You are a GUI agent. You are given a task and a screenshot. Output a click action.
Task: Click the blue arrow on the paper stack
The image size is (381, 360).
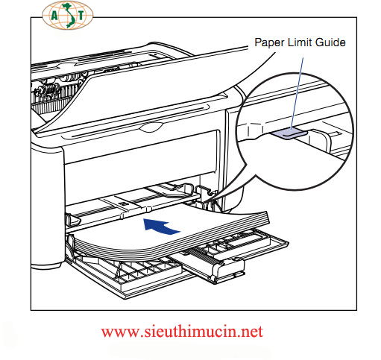click(160, 226)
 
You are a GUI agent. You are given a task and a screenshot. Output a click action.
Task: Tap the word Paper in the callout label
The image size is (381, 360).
click(269, 42)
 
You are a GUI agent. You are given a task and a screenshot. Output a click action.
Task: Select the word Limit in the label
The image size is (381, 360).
click(300, 42)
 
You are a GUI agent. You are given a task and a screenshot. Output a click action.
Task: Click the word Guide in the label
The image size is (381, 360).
click(330, 42)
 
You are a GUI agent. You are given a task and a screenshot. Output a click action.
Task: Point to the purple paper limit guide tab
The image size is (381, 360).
click(289, 133)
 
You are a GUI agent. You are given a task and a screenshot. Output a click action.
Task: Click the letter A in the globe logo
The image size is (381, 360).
click(54, 16)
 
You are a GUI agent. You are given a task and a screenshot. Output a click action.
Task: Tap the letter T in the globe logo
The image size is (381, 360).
click(81, 16)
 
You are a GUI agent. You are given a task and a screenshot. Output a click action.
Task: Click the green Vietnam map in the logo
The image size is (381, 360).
click(67, 16)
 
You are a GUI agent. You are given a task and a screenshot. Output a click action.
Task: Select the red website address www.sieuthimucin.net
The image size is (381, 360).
click(182, 332)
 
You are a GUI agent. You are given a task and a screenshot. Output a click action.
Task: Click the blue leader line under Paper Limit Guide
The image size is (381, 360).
click(297, 94)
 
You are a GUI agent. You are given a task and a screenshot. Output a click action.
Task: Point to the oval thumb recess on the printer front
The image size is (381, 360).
click(151, 127)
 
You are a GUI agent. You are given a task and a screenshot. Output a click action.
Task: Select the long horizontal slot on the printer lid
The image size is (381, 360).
click(140, 122)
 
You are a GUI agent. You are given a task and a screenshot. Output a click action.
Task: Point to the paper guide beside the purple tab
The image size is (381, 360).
click(321, 140)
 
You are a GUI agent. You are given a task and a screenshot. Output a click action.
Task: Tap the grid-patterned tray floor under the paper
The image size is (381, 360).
click(139, 270)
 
